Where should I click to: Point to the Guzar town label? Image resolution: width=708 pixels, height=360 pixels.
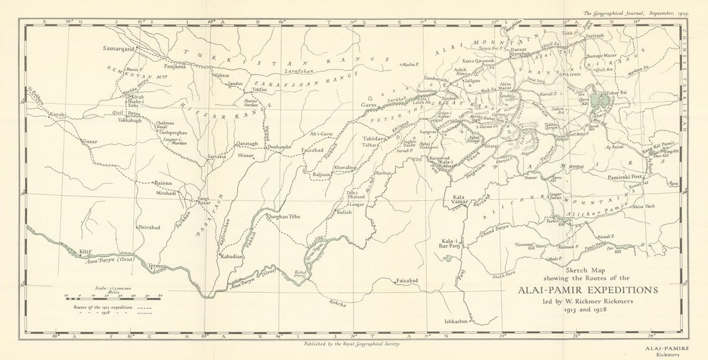(89, 140)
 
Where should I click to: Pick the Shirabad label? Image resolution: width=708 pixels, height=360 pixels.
(148, 227)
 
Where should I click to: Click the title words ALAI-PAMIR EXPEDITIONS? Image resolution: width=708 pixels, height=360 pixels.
(588, 290)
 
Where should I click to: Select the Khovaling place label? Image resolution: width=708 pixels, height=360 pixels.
(346, 167)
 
